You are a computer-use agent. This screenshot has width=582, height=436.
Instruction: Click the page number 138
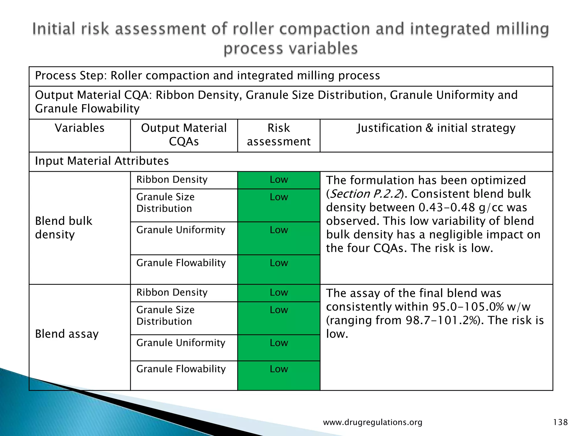click(560, 422)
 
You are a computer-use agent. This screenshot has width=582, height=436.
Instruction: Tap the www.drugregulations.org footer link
click(373, 422)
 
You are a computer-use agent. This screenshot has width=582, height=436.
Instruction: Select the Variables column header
click(80, 128)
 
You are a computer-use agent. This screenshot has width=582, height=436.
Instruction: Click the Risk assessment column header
click(278, 135)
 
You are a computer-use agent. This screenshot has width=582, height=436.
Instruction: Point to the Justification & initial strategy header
click(436, 128)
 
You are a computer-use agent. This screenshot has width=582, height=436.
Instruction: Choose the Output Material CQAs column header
click(184, 135)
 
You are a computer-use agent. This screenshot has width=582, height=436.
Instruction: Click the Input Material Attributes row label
click(102, 161)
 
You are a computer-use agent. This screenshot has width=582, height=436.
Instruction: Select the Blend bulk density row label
click(64, 228)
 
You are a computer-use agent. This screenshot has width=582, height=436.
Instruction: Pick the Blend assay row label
click(67, 334)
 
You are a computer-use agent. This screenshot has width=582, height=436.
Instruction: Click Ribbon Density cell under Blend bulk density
click(172, 180)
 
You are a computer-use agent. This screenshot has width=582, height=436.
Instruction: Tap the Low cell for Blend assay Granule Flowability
click(279, 369)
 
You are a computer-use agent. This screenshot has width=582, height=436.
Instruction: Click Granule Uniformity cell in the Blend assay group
click(181, 343)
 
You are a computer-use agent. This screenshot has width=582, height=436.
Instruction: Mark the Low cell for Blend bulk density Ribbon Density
click(279, 180)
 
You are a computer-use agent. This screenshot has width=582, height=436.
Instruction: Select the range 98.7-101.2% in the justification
click(442, 320)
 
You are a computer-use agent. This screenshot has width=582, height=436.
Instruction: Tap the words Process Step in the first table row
click(71, 76)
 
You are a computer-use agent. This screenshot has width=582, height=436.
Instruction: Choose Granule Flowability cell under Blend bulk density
click(181, 263)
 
